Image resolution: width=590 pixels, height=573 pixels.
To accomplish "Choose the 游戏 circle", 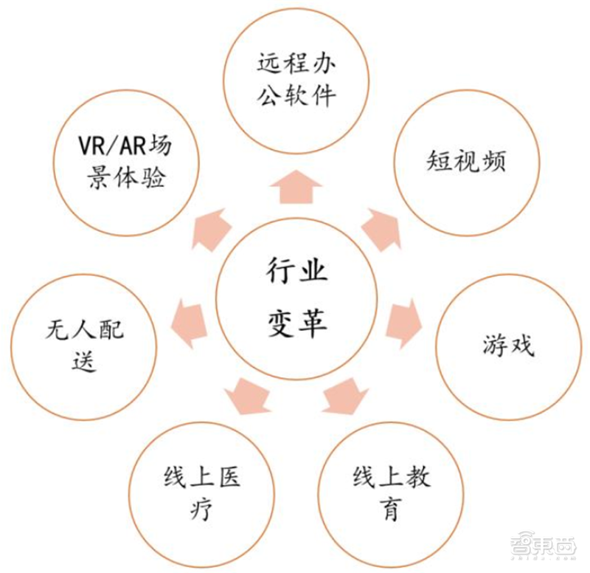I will click(x=508, y=347).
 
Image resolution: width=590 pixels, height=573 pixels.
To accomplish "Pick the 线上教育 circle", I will click(x=391, y=493).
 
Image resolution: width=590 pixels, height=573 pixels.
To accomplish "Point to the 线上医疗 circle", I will click(x=200, y=493).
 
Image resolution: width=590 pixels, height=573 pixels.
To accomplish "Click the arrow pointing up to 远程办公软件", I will click(x=295, y=186).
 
